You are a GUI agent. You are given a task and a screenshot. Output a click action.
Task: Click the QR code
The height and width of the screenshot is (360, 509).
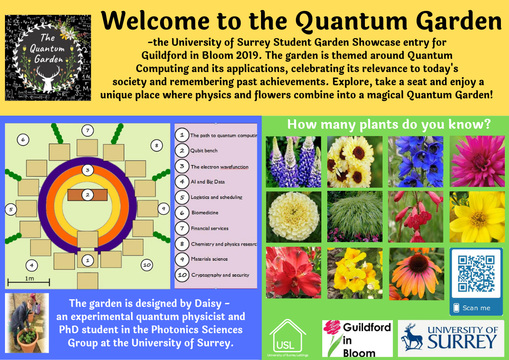[x=476, y=273]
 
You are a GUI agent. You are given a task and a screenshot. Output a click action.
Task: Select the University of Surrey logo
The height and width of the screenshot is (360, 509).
[x=451, y=338]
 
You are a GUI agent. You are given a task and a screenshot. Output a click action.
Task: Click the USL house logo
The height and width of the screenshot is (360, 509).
[x=288, y=338]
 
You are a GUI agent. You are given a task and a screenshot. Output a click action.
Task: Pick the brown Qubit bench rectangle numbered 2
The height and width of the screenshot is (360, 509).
[x=87, y=195]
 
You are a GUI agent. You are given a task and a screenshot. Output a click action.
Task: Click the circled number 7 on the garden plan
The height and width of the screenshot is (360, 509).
[x=87, y=131]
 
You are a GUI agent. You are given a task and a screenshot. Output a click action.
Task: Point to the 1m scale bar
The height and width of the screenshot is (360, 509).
[x=29, y=283]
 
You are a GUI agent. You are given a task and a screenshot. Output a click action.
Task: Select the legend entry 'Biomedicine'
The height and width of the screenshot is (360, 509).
[x=205, y=213]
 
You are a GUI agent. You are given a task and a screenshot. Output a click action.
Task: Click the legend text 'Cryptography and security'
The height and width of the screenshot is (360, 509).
[x=220, y=275]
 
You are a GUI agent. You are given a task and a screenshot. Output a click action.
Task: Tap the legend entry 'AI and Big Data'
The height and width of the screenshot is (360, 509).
[x=208, y=182]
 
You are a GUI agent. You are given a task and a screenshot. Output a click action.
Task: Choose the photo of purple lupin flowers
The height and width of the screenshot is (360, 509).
[x=293, y=162]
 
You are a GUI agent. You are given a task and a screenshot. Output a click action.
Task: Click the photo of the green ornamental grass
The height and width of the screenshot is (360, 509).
[x=355, y=216]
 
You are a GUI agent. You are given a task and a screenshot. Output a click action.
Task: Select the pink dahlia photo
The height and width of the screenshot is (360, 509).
[x=477, y=161]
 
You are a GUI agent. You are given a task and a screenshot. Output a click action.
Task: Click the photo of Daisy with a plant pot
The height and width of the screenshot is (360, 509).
[x=27, y=323]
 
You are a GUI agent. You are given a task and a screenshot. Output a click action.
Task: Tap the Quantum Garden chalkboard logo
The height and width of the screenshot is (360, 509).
[x=48, y=58]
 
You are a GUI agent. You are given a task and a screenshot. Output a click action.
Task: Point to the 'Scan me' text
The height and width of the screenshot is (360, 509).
[x=476, y=308]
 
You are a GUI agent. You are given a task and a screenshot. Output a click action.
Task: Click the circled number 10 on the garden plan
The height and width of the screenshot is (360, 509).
[x=146, y=264]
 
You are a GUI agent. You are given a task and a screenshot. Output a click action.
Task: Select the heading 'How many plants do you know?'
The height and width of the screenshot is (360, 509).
[x=389, y=124]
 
